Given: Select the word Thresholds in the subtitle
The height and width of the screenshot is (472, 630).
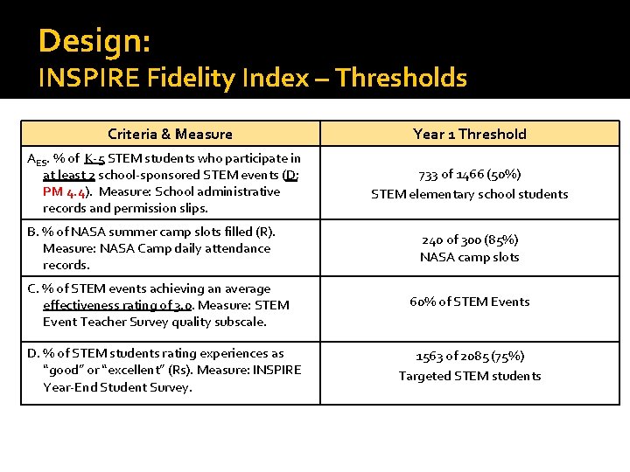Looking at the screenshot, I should (x=402, y=79).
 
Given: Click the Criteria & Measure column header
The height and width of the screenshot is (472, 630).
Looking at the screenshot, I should (x=170, y=134).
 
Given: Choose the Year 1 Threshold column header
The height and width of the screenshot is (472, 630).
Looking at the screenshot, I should (x=470, y=134).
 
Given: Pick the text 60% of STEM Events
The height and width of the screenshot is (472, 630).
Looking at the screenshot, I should (x=470, y=302).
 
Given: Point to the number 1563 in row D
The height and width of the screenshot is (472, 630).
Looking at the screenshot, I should (x=430, y=357).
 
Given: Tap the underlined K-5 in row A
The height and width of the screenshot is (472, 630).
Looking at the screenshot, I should (x=95, y=158).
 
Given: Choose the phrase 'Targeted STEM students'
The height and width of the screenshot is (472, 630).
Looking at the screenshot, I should (x=470, y=377).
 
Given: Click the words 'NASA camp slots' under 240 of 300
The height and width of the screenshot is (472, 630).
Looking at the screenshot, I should (x=470, y=257).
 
